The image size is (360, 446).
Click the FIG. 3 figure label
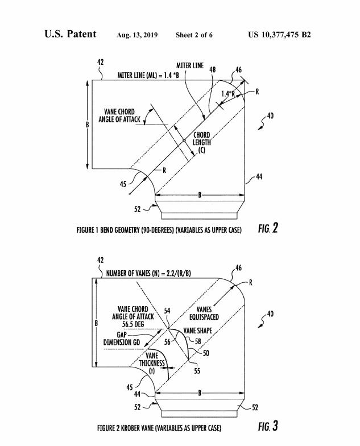(x=266, y=426)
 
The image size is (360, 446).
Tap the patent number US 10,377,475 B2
(x=279, y=35)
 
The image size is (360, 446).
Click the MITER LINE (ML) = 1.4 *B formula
(x=148, y=75)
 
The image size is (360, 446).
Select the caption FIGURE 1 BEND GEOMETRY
(x=159, y=230)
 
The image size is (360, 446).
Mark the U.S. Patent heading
(x=70, y=34)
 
